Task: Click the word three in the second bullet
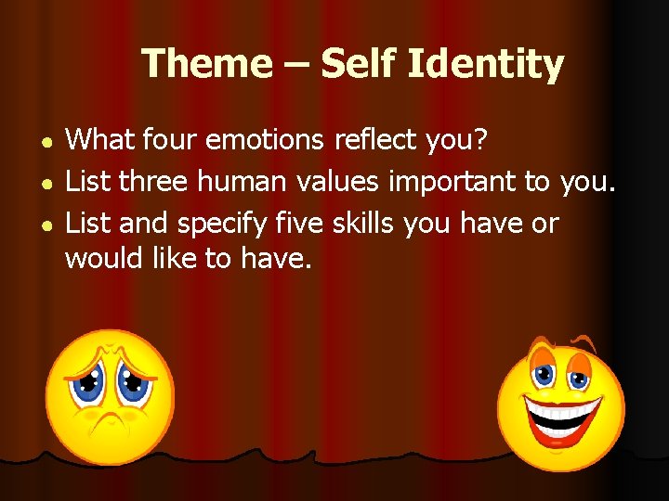click(x=158, y=182)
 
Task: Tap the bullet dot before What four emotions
click(x=46, y=142)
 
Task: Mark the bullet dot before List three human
click(x=46, y=184)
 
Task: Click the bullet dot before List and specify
click(x=46, y=225)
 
